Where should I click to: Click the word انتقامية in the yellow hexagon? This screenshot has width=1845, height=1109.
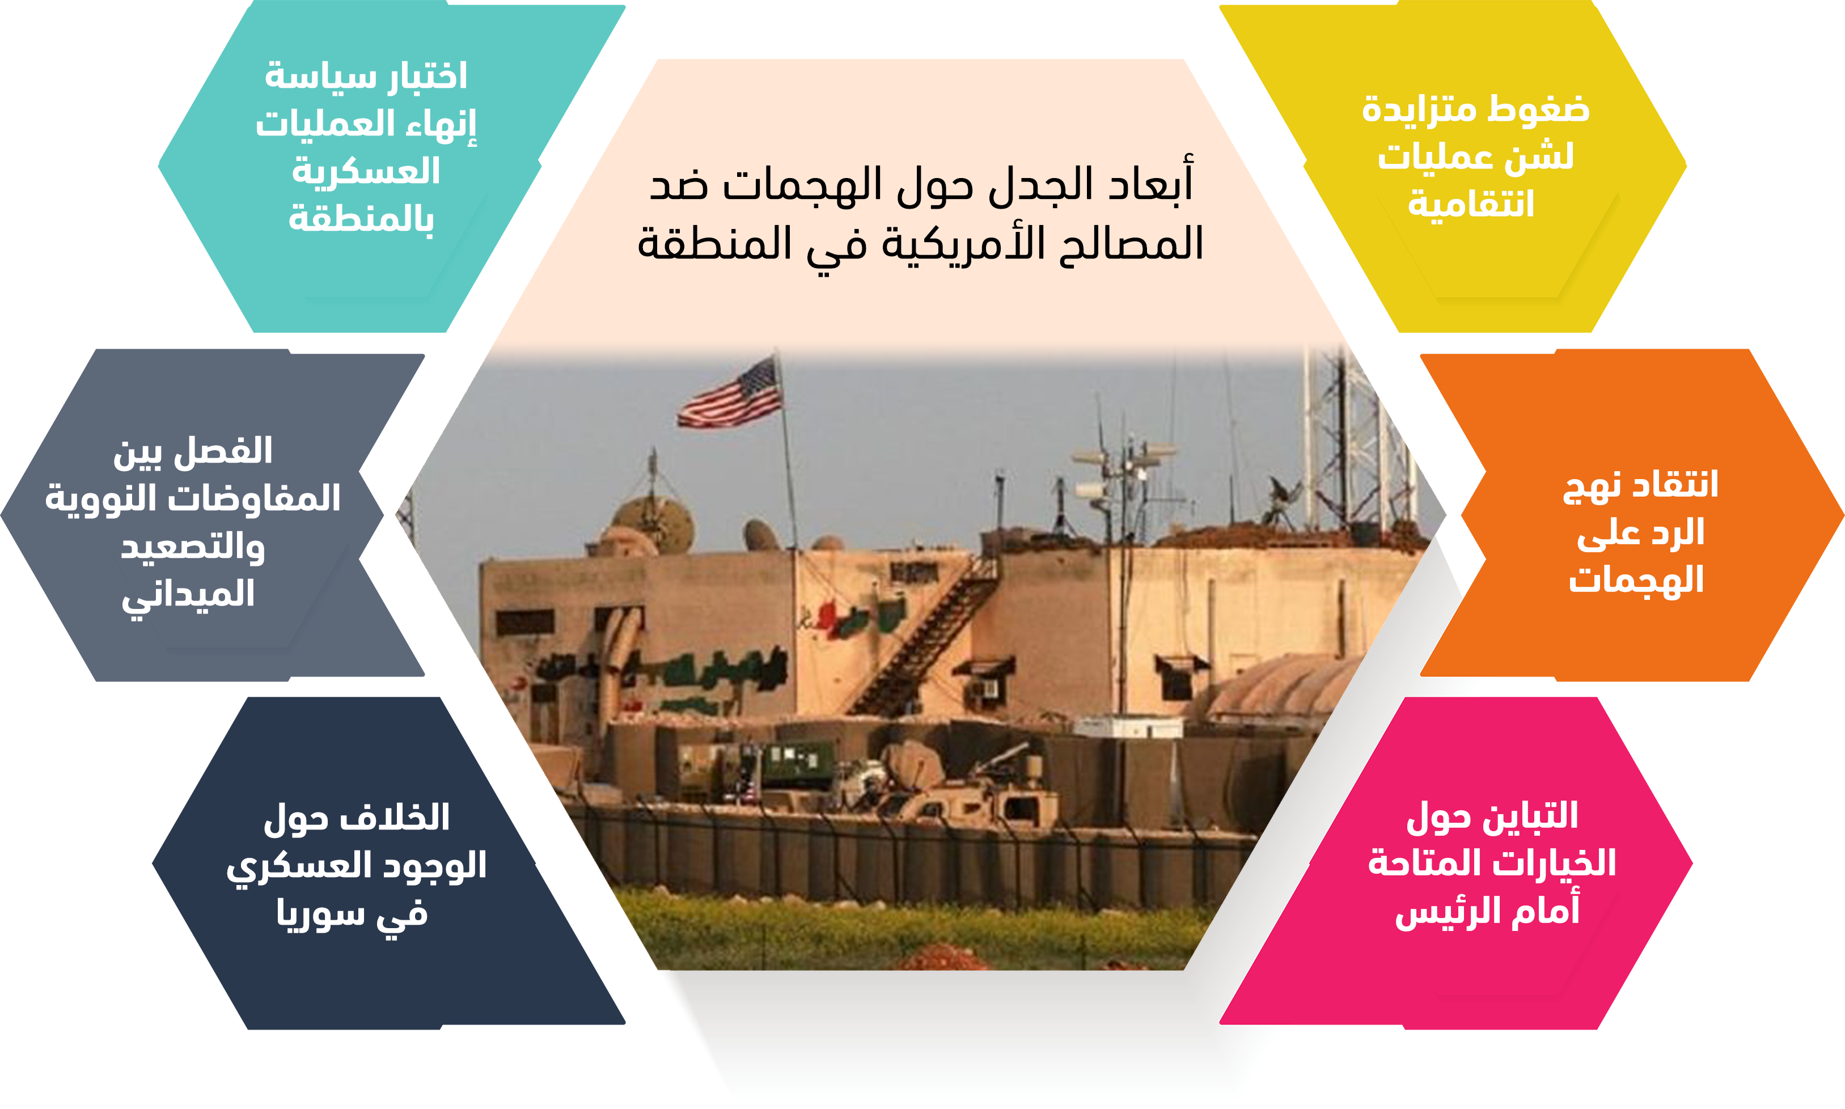[x=1471, y=204]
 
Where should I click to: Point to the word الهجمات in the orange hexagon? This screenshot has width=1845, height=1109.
[x=1636, y=580]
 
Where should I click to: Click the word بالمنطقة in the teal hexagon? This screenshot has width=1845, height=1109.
[x=361, y=218]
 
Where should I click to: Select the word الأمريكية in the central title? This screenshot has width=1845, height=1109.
[x=963, y=242]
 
